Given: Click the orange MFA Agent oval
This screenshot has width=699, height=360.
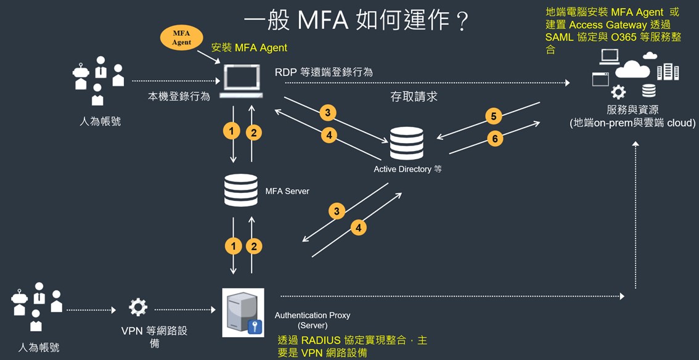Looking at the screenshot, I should pos(181,38).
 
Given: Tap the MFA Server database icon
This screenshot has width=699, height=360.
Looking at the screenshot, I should pos(241,190).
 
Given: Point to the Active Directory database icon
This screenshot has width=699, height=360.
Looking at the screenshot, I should pos(406,143).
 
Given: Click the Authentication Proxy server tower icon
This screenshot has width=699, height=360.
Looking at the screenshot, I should pos(242,312).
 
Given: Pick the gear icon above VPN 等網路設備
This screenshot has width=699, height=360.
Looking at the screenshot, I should pos(137,308).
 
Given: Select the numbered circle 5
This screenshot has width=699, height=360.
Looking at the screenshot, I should pos(493,116).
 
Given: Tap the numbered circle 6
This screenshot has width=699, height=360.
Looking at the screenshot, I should pos(494,139).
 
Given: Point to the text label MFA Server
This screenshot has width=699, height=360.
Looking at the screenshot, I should pos(287,191).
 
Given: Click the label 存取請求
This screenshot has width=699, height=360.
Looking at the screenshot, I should pos(414,97).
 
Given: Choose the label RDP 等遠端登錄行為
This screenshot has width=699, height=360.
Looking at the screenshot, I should pos(324,72).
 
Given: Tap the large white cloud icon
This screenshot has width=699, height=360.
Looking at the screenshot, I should pos(632,68).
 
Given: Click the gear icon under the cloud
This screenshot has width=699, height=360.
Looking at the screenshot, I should pos(618,92).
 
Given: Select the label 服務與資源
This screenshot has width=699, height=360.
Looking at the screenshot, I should pos(632,110).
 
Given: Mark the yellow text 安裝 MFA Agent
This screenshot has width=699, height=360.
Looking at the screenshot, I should pos(249,47).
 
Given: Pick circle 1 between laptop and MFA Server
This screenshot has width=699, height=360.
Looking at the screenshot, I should pos(232,131).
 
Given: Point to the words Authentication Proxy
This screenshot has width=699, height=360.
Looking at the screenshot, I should pos(312,315).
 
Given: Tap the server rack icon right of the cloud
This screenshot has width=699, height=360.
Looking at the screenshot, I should pos(668,72).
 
